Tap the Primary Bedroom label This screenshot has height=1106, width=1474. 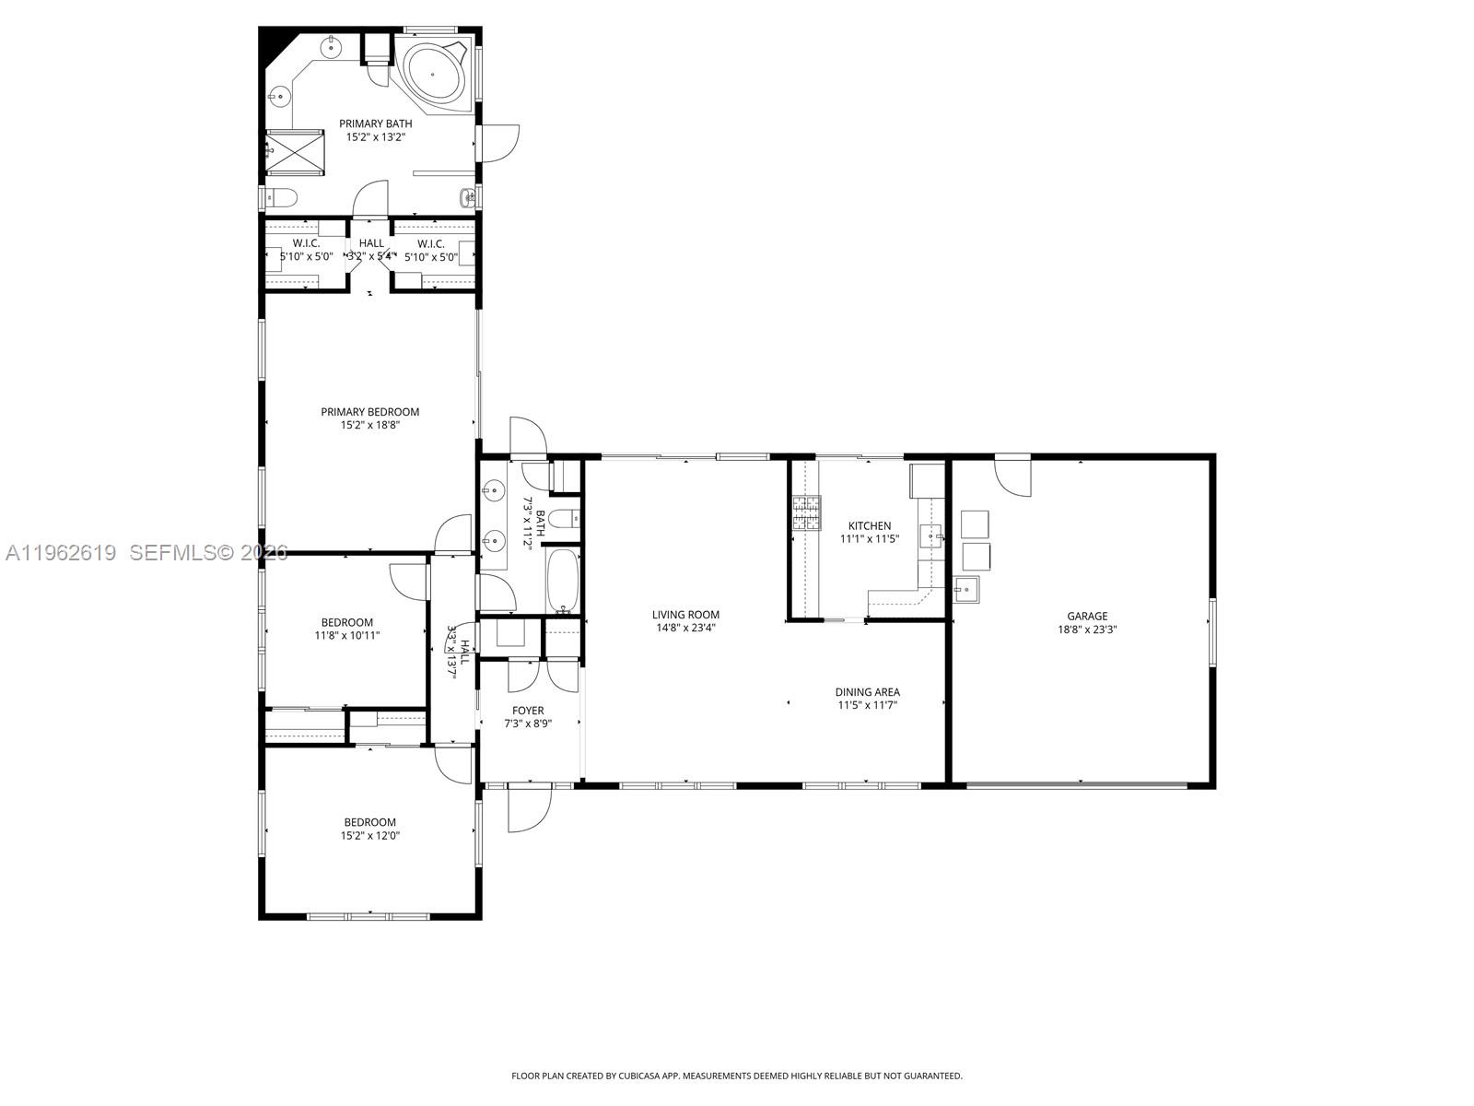369,412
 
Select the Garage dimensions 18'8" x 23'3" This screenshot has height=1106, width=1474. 1087,630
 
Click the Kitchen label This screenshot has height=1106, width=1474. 869,526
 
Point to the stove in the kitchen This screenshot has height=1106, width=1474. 807,514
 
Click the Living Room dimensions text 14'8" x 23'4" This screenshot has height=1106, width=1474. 685,629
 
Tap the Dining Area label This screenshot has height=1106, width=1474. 867,692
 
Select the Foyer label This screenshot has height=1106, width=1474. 528,711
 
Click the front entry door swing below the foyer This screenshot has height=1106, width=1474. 528,809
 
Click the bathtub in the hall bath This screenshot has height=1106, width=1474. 562,581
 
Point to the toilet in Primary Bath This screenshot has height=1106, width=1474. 281,196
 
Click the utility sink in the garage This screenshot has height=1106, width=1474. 965,588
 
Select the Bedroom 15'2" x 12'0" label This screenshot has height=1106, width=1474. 369,822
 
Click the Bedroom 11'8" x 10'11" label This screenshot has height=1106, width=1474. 346,622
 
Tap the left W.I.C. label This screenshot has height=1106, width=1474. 306,243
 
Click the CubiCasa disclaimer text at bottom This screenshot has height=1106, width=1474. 736,1076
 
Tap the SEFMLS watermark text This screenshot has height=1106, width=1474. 208,553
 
